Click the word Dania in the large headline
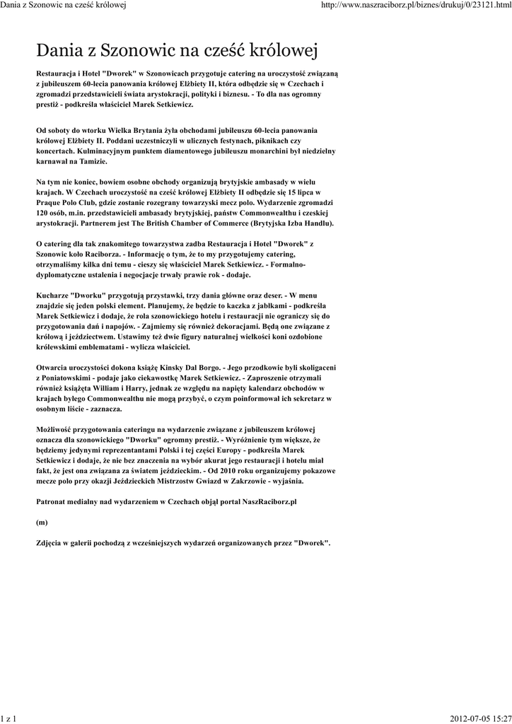(x=59, y=51)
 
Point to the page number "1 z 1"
(x=9, y=718)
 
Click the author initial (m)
(x=42, y=522)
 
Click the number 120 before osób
(x=43, y=213)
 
